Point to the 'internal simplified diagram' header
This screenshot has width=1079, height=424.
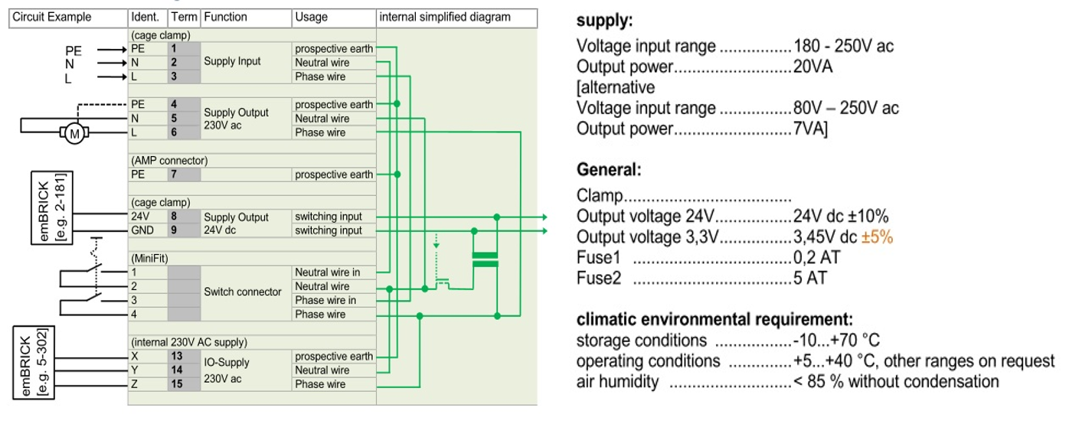point(445,17)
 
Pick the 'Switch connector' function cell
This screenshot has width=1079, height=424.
point(242,292)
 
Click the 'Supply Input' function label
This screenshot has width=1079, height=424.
point(232,62)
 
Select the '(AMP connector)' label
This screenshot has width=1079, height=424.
point(168,161)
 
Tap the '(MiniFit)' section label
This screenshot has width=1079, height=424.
point(149,259)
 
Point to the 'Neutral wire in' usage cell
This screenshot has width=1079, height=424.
point(327,272)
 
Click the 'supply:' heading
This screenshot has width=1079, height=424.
point(604,21)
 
